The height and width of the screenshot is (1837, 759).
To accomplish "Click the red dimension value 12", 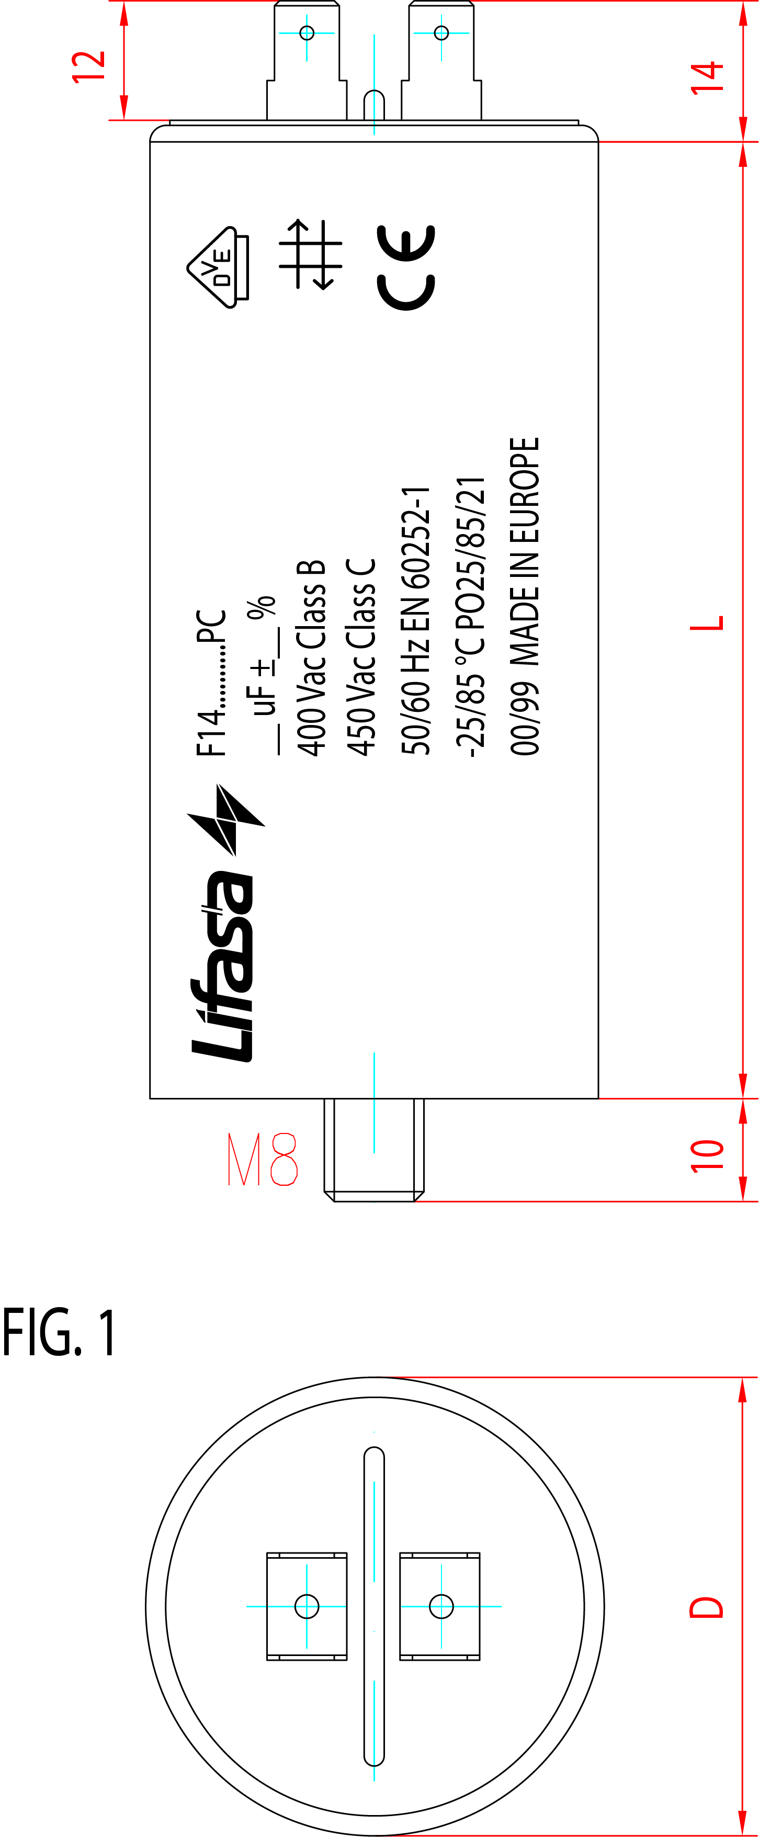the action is (88, 67).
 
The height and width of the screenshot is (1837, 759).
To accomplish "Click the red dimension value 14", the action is (707, 77).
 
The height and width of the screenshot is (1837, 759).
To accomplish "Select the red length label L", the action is (707, 622).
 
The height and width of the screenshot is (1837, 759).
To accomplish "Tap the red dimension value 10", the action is (707, 1156).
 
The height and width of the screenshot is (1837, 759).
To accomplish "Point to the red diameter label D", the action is (706, 1607).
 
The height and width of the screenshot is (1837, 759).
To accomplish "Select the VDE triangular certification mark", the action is (218, 267).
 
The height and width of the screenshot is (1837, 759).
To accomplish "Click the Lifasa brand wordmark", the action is (222, 966).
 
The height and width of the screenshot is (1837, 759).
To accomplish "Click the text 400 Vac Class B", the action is (312, 657).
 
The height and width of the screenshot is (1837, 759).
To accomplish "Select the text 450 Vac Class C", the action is (361, 657).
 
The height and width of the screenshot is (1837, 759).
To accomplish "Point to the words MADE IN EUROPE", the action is (524, 552).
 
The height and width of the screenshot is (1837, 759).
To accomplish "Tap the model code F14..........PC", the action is (211, 683).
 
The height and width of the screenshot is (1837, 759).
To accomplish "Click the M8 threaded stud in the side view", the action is (375, 1150).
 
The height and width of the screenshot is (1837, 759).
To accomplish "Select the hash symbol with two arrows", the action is (310, 254).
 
